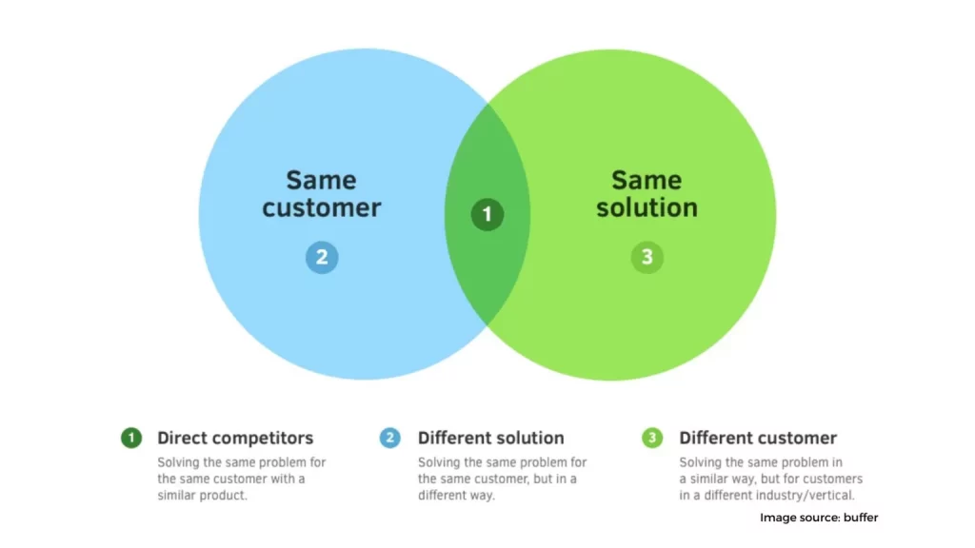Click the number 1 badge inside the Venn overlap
coord(487,214)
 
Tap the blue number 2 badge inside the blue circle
coord(322,257)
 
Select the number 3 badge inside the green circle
coord(647,257)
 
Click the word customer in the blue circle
coord(322,207)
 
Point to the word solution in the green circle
coord(647,207)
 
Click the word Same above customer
coord(322,180)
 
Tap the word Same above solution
coord(647,180)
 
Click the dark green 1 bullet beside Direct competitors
coord(131,438)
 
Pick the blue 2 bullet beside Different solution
coord(389,438)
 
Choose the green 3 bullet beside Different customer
coord(652,438)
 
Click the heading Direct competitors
coord(235,438)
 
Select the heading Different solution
coord(491,438)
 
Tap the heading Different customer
coord(758,438)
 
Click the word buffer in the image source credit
coord(861,518)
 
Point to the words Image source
coord(800,518)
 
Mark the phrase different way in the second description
coord(456,495)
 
